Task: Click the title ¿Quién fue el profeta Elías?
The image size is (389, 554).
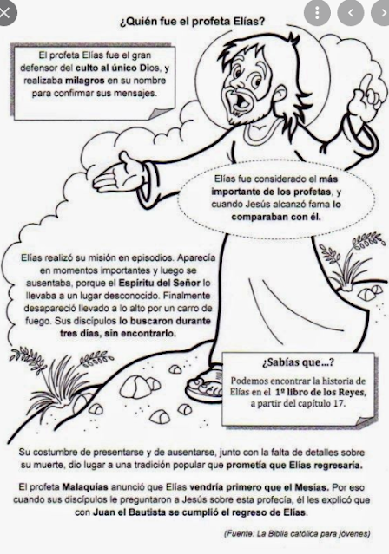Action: click(x=192, y=20)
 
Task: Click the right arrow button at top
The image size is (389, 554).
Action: click(x=376, y=12)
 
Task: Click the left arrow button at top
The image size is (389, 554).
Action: click(x=350, y=12)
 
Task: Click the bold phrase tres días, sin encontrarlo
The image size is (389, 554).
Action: click(x=109, y=331)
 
